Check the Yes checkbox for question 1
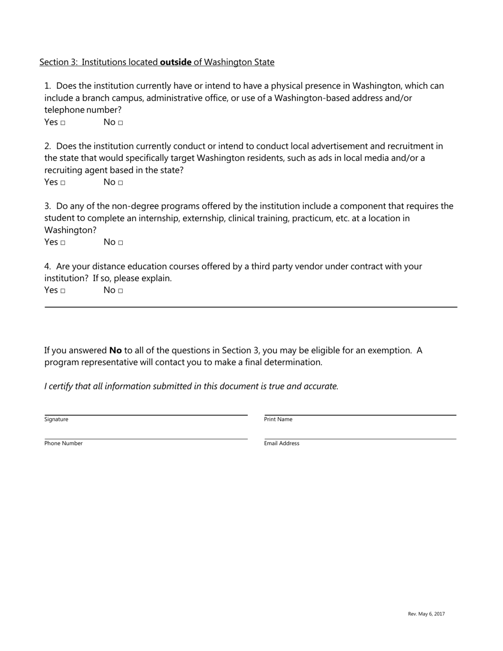point(62,123)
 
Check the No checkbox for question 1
point(121,123)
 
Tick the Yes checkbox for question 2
point(62,183)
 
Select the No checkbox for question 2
point(121,183)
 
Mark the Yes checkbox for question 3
point(62,243)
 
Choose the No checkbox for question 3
point(121,243)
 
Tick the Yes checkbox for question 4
point(62,291)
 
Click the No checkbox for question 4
point(121,291)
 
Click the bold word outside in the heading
point(176,62)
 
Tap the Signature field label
point(56,419)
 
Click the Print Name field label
point(278,419)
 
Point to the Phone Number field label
point(64,444)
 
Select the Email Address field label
point(282,444)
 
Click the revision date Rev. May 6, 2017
point(426,614)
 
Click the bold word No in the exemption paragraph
point(115,350)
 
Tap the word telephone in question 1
point(64,110)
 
